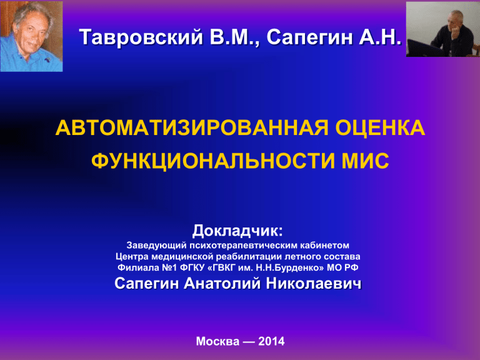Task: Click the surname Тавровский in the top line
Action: click(x=141, y=37)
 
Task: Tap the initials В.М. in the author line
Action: click(x=234, y=37)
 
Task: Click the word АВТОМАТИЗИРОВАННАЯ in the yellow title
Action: click(x=192, y=127)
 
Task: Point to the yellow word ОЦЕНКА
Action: click(x=380, y=127)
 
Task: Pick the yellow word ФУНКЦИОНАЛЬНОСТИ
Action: click(x=212, y=161)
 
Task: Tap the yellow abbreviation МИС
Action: click(x=365, y=161)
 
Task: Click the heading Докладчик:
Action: click(x=237, y=231)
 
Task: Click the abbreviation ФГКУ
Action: click(x=192, y=267)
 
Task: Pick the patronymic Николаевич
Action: click(x=314, y=284)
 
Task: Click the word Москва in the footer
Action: click(x=217, y=341)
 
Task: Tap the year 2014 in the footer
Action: click(x=271, y=341)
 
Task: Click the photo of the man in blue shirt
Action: click(x=31, y=36)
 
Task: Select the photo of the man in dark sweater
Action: click(x=442, y=29)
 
